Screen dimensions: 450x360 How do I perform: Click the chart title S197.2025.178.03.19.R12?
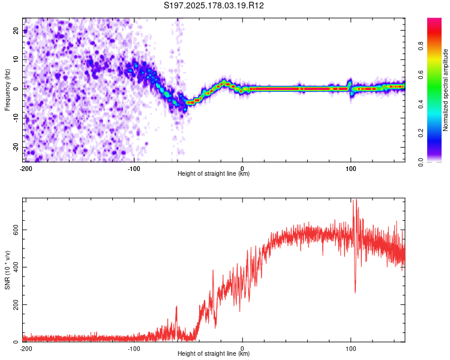pyautogui.click(x=214, y=5)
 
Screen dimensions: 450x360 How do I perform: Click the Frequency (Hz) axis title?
pyautogui.click(x=7, y=90)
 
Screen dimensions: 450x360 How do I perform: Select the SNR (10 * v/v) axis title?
pyautogui.click(x=7, y=270)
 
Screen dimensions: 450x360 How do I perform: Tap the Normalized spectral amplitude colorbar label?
pyautogui.click(x=445, y=90)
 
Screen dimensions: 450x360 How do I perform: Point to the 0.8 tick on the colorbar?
pyautogui.click(x=421, y=46)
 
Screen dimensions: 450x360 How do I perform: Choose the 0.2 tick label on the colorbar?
pyautogui.click(x=421, y=133)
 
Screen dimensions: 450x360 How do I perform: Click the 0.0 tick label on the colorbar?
pyautogui.click(x=421, y=162)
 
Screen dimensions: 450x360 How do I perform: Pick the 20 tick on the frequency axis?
pyautogui.click(x=16, y=30)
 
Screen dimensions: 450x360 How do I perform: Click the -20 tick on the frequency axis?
pyautogui.click(x=16, y=147)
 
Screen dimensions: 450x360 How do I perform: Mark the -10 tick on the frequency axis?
pyautogui.click(x=16, y=118)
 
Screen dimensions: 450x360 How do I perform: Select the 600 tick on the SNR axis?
pyautogui.click(x=16, y=230)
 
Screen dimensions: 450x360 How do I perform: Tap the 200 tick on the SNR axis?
pyautogui.click(x=16, y=304)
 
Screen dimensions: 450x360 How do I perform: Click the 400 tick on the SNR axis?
pyautogui.click(x=16, y=267)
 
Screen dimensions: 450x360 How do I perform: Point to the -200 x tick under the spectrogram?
pyautogui.click(x=26, y=169)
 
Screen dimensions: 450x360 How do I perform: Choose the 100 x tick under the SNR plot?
pyautogui.click(x=350, y=349)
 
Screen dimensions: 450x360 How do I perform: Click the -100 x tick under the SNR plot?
pyautogui.click(x=134, y=349)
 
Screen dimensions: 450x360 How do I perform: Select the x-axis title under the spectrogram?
pyautogui.click(x=214, y=173)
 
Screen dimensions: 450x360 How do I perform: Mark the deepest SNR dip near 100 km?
pyautogui.click(x=355, y=293)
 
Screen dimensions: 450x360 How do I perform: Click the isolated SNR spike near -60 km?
pyautogui.click(x=176, y=307)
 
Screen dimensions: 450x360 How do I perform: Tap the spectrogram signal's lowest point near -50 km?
pyautogui.click(x=185, y=109)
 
